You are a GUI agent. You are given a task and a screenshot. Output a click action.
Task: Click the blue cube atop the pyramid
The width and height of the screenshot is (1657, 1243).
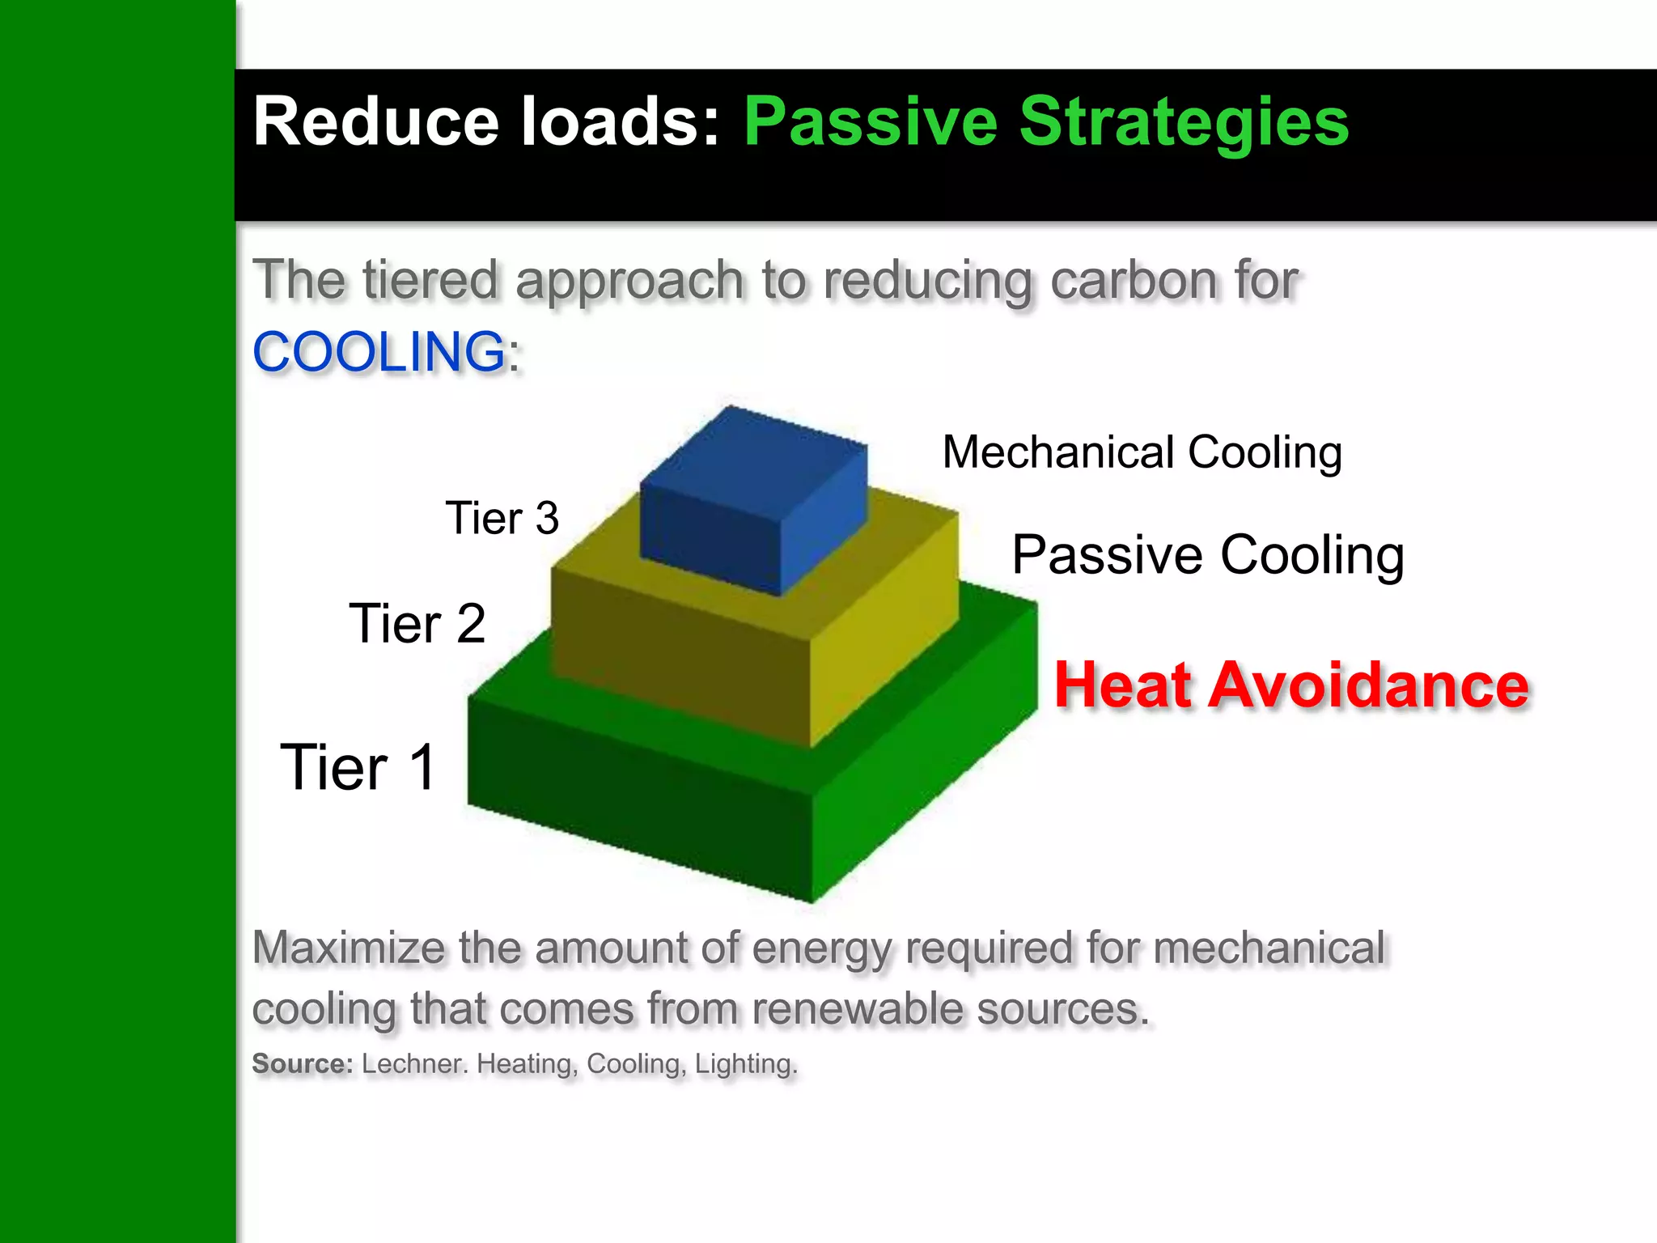pyautogui.click(x=752, y=498)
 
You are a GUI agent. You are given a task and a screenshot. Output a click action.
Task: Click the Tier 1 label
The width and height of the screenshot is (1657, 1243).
pyautogui.click(x=358, y=767)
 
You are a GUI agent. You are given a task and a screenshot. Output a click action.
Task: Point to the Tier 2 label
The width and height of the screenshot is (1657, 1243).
pyautogui.click(x=417, y=624)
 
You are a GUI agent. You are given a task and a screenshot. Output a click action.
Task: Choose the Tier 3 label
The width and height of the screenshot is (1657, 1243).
pyautogui.click(x=502, y=518)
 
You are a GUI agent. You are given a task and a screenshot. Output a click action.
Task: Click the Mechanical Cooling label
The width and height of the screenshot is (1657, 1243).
pyautogui.click(x=1142, y=452)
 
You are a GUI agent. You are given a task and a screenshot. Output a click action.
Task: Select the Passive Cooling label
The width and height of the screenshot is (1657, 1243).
pyautogui.click(x=1207, y=555)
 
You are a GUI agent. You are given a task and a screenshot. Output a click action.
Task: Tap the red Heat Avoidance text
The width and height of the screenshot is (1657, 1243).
pyautogui.click(x=1290, y=685)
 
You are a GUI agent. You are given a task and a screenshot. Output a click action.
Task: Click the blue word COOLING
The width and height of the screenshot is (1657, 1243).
pyautogui.click(x=379, y=352)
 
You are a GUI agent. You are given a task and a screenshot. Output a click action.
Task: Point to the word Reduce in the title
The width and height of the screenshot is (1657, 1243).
pyautogui.click(x=375, y=121)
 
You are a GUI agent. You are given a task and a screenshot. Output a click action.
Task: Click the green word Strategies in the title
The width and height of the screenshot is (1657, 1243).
pyautogui.click(x=1184, y=121)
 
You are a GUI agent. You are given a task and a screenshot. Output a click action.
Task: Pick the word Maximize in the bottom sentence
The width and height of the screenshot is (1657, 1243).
pyautogui.click(x=348, y=948)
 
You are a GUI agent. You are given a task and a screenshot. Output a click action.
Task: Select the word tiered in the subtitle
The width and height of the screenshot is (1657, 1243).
pyautogui.click(x=430, y=280)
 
